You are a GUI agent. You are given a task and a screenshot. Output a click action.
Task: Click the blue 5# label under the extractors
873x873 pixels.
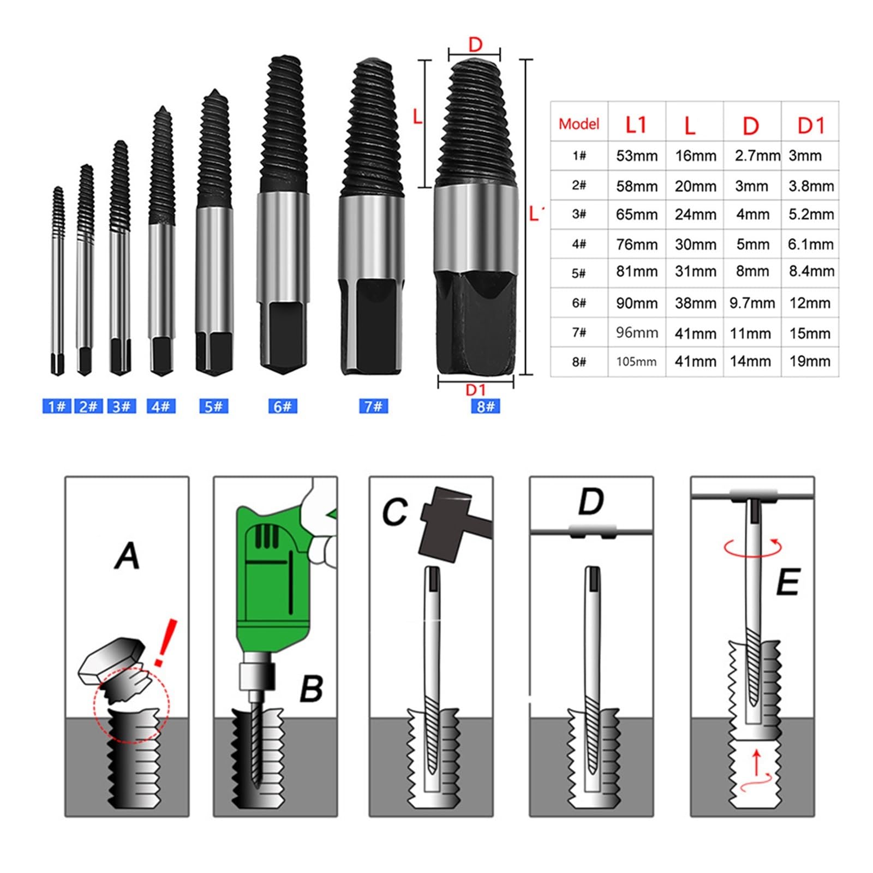pyautogui.click(x=213, y=406)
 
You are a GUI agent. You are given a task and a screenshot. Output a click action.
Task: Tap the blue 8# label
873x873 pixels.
pyautogui.click(x=485, y=406)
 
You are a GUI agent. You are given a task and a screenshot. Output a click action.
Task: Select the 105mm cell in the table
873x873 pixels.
pyautogui.click(x=636, y=362)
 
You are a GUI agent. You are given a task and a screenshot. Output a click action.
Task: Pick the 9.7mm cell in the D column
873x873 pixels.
pyautogui.click(x=752, y=303)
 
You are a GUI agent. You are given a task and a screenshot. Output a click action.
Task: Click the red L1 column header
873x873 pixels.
pyautogui.click(x=636, y=125)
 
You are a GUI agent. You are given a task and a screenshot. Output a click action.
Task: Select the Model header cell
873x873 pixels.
pyautogui.click(x=578, y=124)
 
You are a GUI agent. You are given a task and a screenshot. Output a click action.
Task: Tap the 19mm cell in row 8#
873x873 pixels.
pyautogui.click(x=810, y=361)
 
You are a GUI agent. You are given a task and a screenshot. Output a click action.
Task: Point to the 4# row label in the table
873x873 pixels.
pyautogui.click(x=579, y=244)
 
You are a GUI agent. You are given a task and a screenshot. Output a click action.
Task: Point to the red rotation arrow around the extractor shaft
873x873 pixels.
pyautogui.click(x=753, y=547)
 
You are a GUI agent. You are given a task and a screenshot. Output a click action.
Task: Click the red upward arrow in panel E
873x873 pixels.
pyautogui.click(x=756, y=762)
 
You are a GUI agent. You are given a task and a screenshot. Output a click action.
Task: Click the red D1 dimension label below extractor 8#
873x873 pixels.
pyautogui.click(x=475, y=390)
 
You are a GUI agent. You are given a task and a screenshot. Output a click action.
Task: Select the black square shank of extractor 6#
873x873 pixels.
pyautogui.click(x=282, y=336)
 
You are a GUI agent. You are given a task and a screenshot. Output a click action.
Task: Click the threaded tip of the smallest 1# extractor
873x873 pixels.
pyautogui.click(x=58, y=210)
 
